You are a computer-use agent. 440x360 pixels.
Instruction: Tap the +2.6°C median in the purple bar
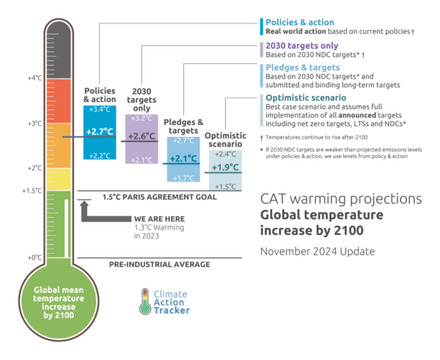click(141, 136)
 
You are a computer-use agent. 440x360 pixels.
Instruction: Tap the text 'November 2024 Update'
click(317, 251)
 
